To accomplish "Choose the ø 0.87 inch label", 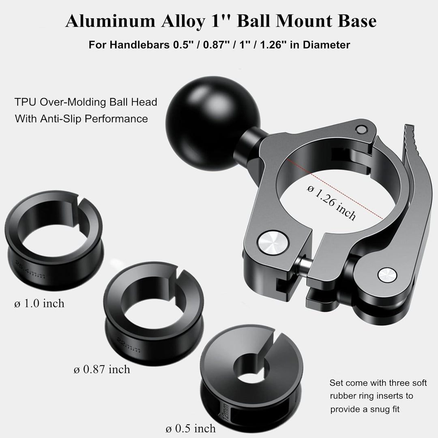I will (x=102, y=369).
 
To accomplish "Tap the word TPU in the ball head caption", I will (x=25, y=102).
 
